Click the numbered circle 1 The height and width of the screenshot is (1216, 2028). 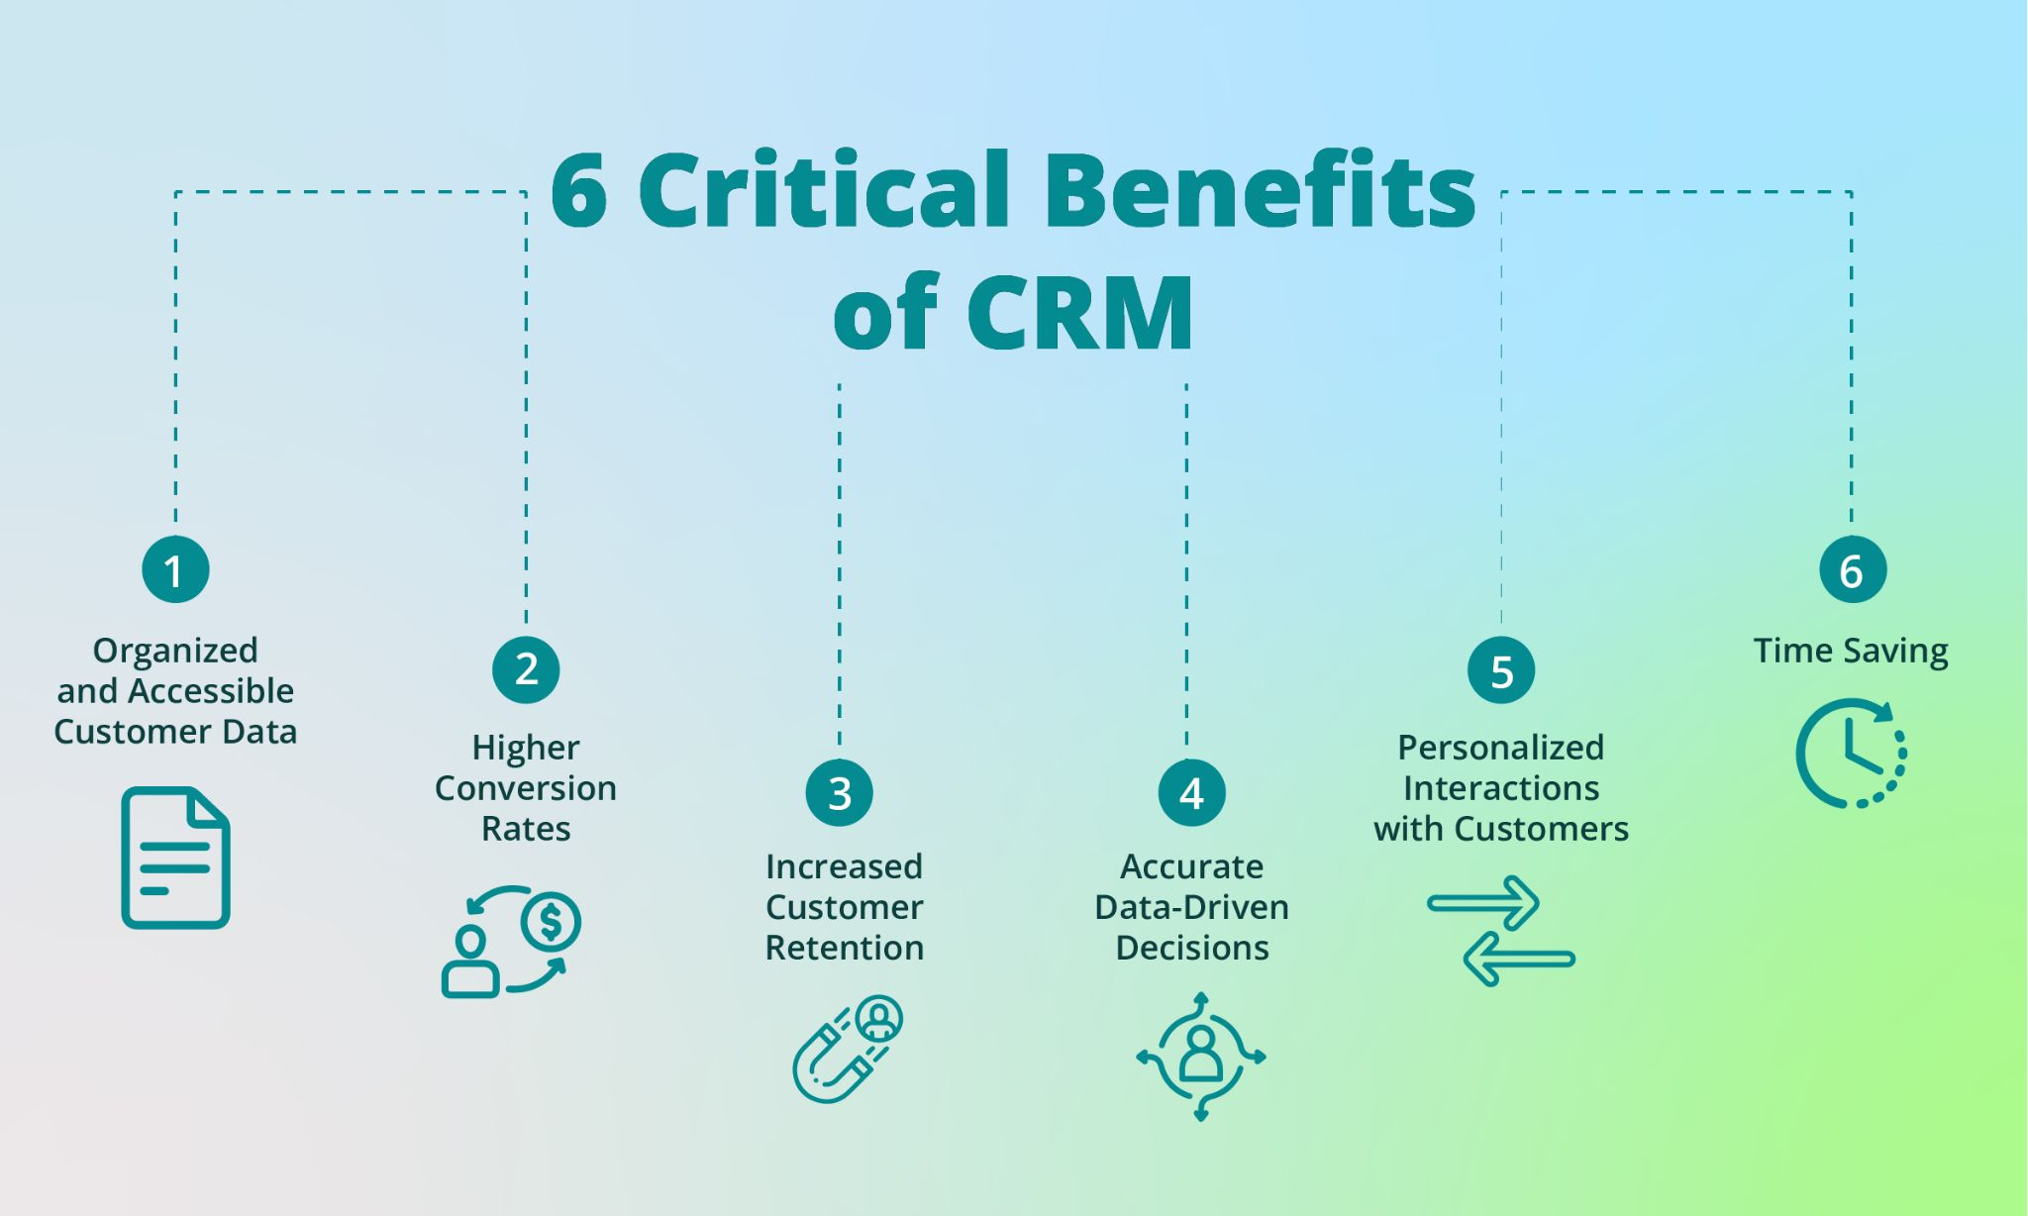point(175,569)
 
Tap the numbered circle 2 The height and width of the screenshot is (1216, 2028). point(526,669)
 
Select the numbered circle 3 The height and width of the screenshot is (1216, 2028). point(840,792)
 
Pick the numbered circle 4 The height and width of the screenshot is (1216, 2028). point(1191,792)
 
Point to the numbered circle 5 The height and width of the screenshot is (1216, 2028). point(1501,670)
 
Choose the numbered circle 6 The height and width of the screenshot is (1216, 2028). point(1852,569)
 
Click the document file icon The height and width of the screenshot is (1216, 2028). point(175,858)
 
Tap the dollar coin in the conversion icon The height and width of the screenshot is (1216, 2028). point(551,923)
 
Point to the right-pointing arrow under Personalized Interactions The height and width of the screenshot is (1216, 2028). point(1483,902)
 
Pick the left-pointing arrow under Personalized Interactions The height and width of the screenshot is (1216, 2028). point(1519,959)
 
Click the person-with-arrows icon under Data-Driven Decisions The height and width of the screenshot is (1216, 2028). point(1201,1056)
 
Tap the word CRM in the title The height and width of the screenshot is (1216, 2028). point(1080,313)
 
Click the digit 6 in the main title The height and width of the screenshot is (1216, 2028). point(579,191)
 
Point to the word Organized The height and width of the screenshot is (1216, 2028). point(175,651)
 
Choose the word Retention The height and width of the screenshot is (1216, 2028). point(844,948)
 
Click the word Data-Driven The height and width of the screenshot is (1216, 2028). point(1191,907)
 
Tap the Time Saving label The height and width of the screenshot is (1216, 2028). point(1850,651)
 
